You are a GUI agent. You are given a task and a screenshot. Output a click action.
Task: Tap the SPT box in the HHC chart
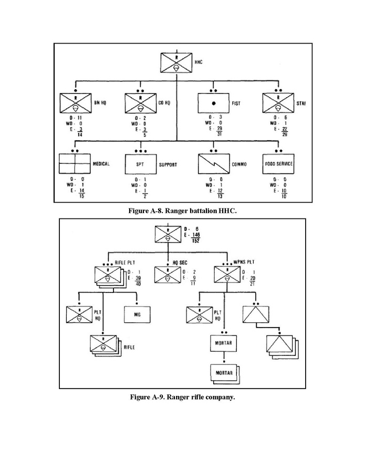coord(140,164)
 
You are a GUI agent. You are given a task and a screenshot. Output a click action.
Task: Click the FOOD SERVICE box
coord(278,164)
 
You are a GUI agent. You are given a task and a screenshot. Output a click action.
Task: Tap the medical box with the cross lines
coord(75,164)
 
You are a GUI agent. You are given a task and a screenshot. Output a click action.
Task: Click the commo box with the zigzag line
coord(214,164)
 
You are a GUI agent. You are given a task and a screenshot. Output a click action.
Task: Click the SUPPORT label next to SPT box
coord(168,164)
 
